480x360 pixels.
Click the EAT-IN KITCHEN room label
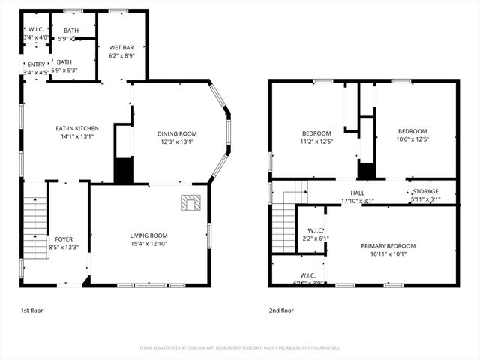coord(78,128)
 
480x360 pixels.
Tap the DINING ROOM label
coord(177,133)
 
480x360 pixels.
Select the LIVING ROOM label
coord(148,235)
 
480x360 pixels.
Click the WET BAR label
coord(120,46)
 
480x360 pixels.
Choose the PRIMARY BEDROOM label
coord(388,245)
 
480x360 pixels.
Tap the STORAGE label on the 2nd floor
coord(424,191)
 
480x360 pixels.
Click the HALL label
coord(357,192)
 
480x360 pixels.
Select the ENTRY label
coord(36,64)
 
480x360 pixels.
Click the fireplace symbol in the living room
coord(191,202)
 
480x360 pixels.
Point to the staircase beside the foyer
coord(35,226)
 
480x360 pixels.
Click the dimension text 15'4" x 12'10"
coord(148,243)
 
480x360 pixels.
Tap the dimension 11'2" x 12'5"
coord(316,141)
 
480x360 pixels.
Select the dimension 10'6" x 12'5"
coord(412,139)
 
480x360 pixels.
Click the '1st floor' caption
coord(31,309)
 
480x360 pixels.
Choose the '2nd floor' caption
coord(282,309)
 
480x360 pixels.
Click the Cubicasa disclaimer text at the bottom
coord(239,348)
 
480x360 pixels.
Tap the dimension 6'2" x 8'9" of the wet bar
coord(120,55)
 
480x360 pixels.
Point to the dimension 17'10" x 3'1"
coord(357,199)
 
